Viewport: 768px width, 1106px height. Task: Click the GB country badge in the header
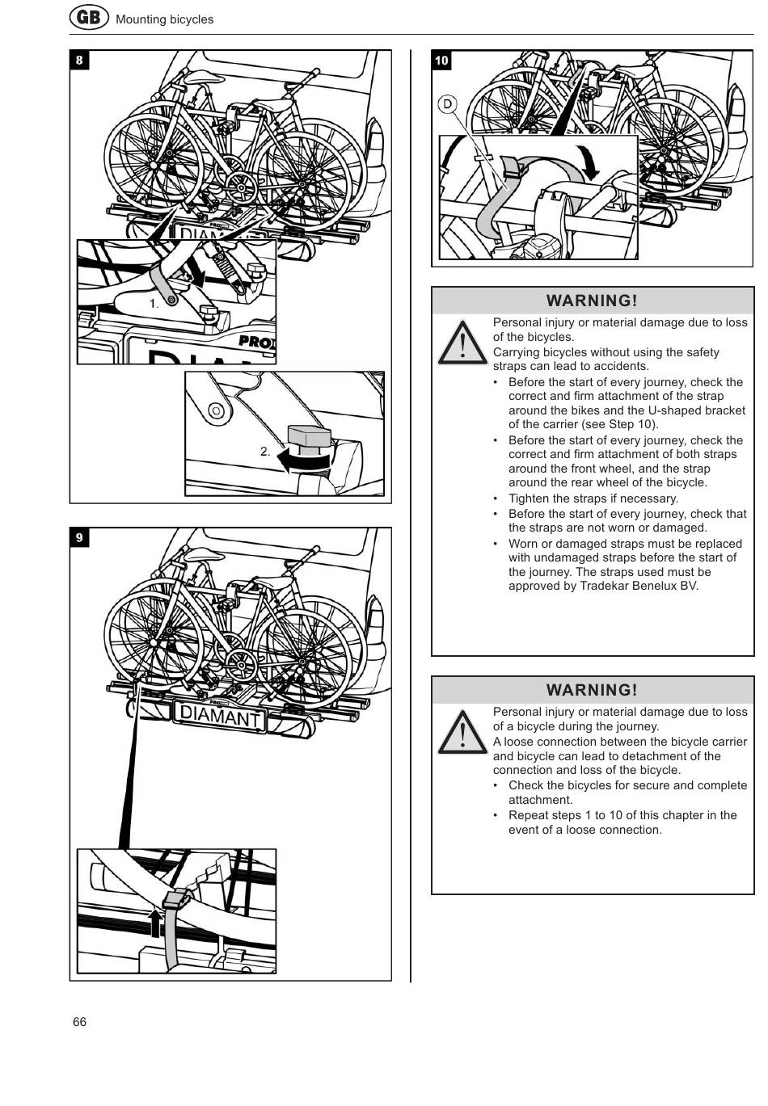point(88,17)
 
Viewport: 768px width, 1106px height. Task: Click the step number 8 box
point(79,61)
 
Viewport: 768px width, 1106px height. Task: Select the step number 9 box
point(79,538)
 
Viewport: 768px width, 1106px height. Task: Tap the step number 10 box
point(441,61)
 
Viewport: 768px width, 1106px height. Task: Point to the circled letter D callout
point(447,104)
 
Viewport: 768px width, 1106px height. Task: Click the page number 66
point(79,1022)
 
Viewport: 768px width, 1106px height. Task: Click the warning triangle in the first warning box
point(462,343)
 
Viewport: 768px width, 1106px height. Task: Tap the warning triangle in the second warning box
point(462,733)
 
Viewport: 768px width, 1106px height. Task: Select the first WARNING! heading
point(592,301)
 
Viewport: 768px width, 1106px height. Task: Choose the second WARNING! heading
point(592,690)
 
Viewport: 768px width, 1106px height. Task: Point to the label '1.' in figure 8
point(154,304)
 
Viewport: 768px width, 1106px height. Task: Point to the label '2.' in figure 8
point(265,452)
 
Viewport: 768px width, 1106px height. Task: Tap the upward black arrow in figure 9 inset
point(155,921)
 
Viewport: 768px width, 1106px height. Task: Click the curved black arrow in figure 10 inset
point(589,162)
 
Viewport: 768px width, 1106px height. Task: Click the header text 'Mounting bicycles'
point(164,19)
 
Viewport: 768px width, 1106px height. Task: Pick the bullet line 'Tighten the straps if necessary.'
point(593,498)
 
